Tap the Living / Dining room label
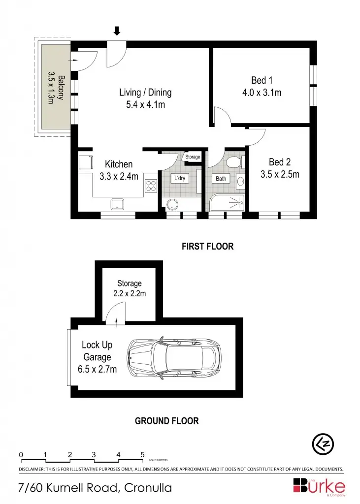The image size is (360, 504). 145,92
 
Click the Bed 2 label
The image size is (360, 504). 279,162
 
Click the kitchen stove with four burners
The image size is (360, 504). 151,186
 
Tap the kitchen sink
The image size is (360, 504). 118,204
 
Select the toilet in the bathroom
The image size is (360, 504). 233,161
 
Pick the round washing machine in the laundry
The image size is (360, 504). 172,204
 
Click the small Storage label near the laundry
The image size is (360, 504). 193,157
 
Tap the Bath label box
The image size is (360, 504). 221,178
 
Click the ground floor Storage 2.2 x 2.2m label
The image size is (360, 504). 129,288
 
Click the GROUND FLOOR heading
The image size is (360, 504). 167,421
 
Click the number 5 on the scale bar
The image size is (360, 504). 142,454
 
